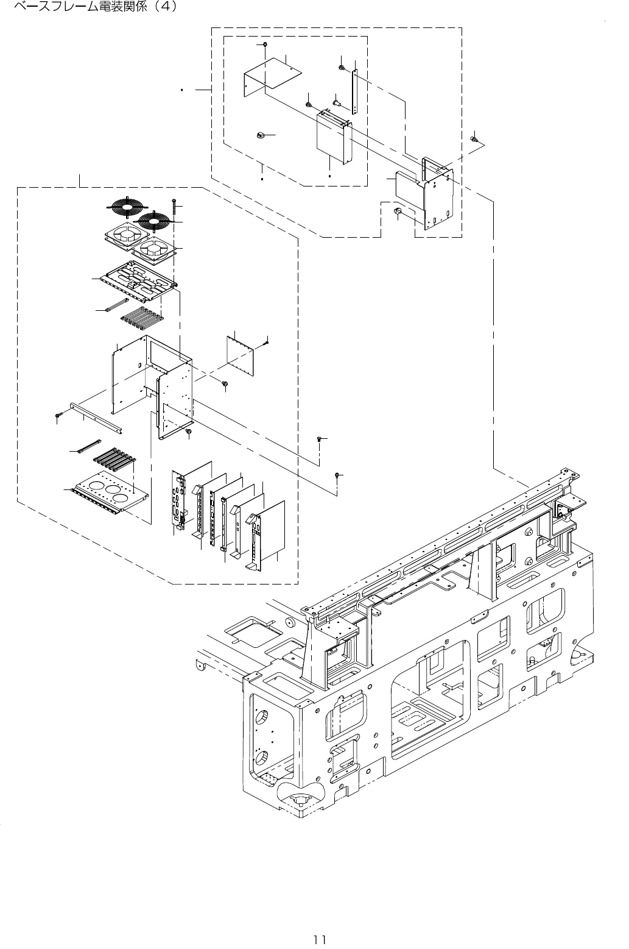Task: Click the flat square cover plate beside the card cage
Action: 242,357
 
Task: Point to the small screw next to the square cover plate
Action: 267,344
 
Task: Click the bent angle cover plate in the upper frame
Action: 271,76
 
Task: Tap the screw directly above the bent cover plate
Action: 267,46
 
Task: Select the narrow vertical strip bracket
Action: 354,91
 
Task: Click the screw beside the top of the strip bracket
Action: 342,66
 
